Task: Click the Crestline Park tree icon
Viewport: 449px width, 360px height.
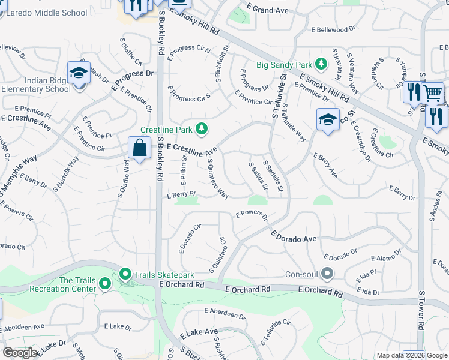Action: pyautogui.click(x=202, y=128)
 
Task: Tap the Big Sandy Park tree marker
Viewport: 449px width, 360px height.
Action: pyautogui.click(x=322, y=63)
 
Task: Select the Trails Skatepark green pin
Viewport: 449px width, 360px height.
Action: pyautogui.click(x=126, y=275)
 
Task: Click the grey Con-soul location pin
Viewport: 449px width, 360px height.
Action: pyautogui.click(x=327, y=274)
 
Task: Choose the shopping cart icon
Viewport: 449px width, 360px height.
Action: pyautogui.click(x=432, y=93)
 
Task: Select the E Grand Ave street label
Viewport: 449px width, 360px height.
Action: pyautogui.click(x=267, y=11)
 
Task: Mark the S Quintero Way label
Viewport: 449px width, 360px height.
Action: pyautogui.click(x=218, y=178)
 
